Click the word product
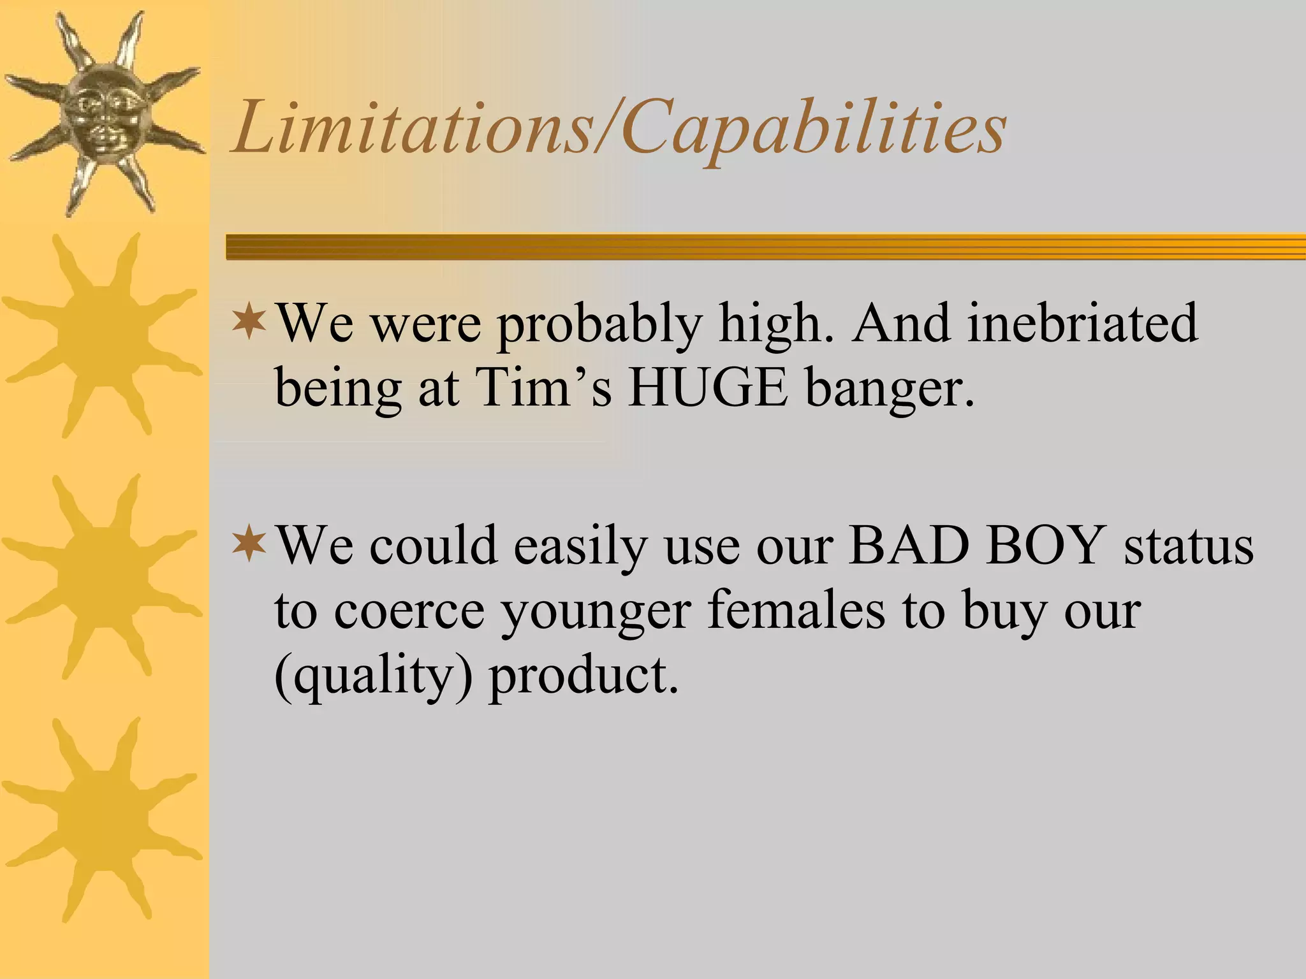pos(583,677)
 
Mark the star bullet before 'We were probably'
pos(249,323)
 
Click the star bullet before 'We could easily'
pos(249,544)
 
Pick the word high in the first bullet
pos(775,324)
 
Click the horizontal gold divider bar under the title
pos(765,247)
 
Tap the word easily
pos(581,547)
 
